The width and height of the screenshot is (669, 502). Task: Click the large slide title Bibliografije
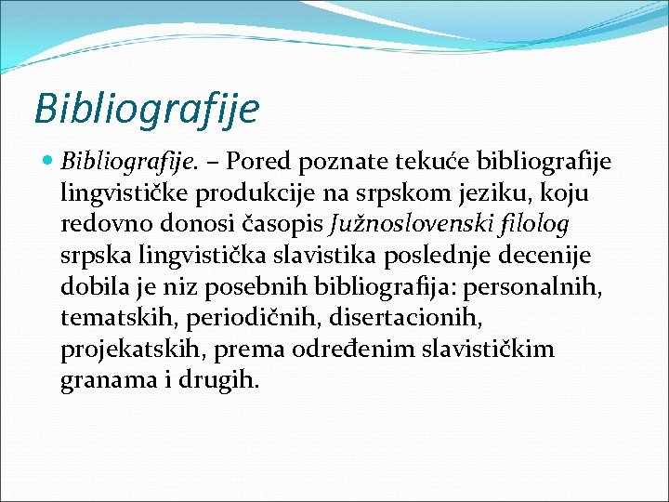coord(146,107)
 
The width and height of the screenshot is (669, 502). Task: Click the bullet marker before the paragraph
coord(49,162)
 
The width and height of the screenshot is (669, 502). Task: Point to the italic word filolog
coord(532,225)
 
